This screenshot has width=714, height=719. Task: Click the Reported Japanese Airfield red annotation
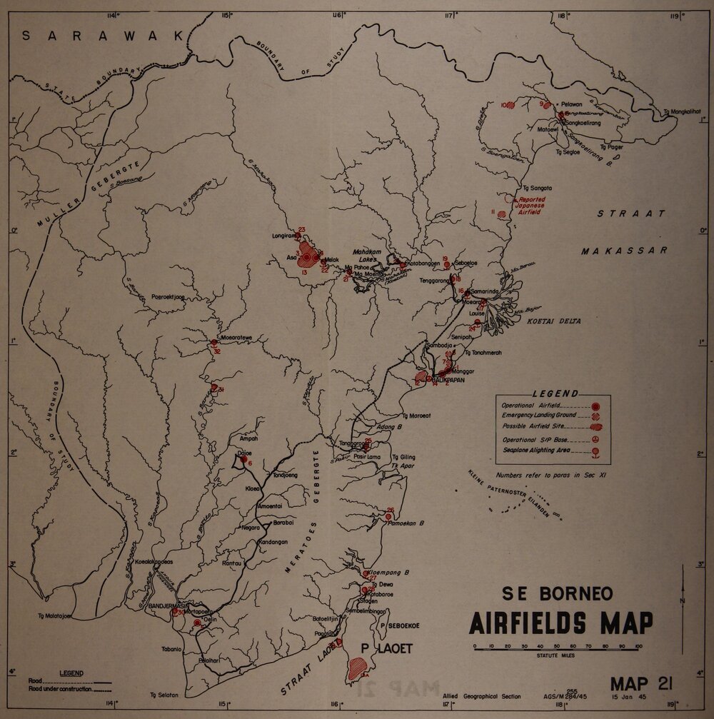tap(532, 206)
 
